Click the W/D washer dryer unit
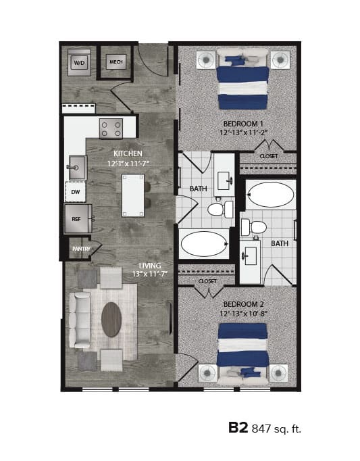click(79, 64)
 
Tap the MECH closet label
click(116, 64)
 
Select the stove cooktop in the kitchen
click(111, 128)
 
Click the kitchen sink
click(77, 167)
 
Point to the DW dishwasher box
click(76, 192)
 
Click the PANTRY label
click(81, 249)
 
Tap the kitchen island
click(133, 195)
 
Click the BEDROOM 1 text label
click(243, 124)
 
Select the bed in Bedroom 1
click(243, 79)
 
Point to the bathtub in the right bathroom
click(270, 195)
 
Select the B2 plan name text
click(238, 427)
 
